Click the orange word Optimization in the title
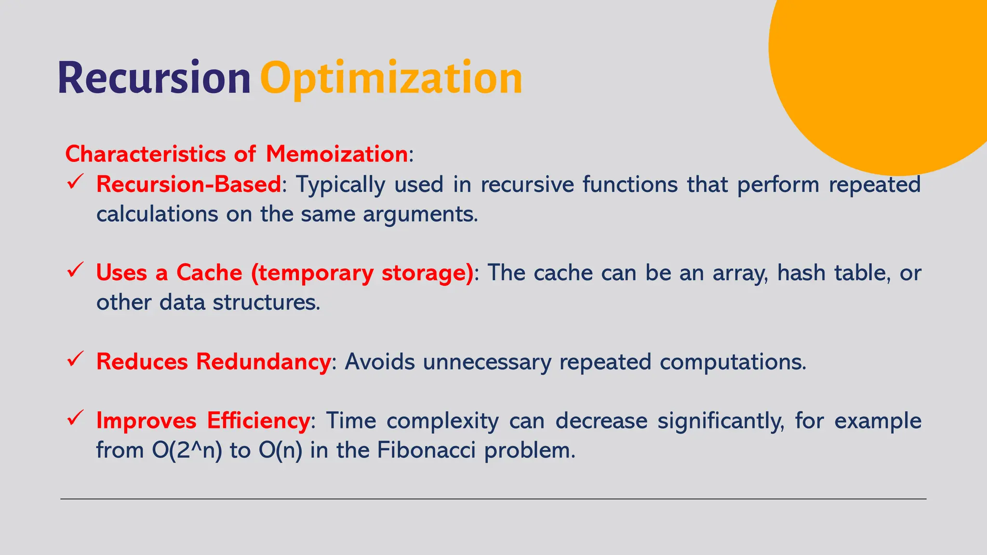pyautogui.click(x=391, y=79)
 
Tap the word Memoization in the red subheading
pyautogui.click(x=337, y=154)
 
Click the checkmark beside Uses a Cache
pyautogui.click(x=76, y=270)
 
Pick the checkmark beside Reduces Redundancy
pyautogui.click(x=76, y=359)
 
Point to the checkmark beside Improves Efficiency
pyautogui.click(x=76, y=418)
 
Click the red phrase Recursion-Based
pyautogui.click(x=188, y=184)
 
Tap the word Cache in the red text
pyautogui.click(x=209, y=273)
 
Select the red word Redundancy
pyautogui.click(x=263, y=362)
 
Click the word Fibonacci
pyautogui.click(x=426, y=450)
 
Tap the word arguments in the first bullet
pyautogui.click(x=420, y=214)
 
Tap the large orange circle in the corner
pyautogui.click(x=887, y=72)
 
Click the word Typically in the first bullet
pyautogui.click(x=340, y=184)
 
